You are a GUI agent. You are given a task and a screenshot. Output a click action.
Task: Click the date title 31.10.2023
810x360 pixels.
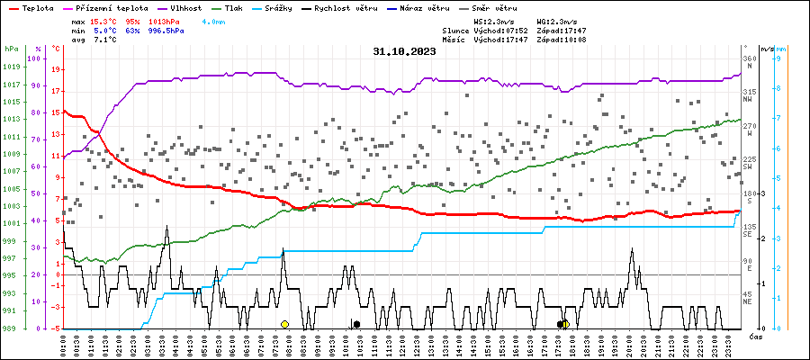click(404, 52)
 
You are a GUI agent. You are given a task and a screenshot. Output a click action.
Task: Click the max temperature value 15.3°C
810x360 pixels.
click(105, 20)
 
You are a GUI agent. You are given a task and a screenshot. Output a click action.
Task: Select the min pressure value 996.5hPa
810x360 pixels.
click(166, 30)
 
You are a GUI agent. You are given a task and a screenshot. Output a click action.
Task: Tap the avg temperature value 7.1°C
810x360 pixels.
click(105, 40)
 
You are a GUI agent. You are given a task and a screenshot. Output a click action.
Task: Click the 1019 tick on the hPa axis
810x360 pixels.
click(11, 67)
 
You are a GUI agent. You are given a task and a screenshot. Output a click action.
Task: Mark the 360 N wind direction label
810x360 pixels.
click(749, 64)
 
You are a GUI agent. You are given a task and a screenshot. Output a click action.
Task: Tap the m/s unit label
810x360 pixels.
click(766, 49)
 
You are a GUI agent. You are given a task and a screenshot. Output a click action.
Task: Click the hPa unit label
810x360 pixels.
click(11, 49)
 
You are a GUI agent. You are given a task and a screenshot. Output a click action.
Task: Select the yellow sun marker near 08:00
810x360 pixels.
click(284, 324)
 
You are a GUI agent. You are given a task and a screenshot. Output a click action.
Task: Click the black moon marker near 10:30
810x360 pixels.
click(356, 324)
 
